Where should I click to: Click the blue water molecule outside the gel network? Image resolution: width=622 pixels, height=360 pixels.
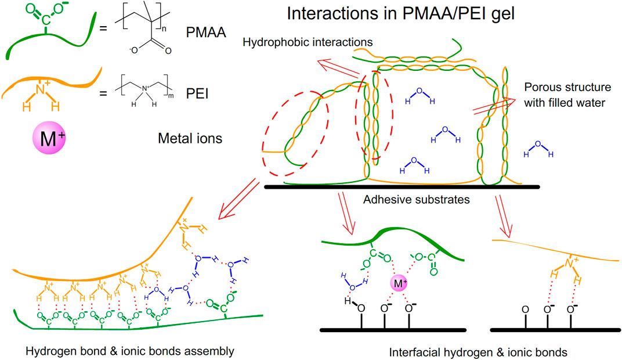[538, 149]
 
